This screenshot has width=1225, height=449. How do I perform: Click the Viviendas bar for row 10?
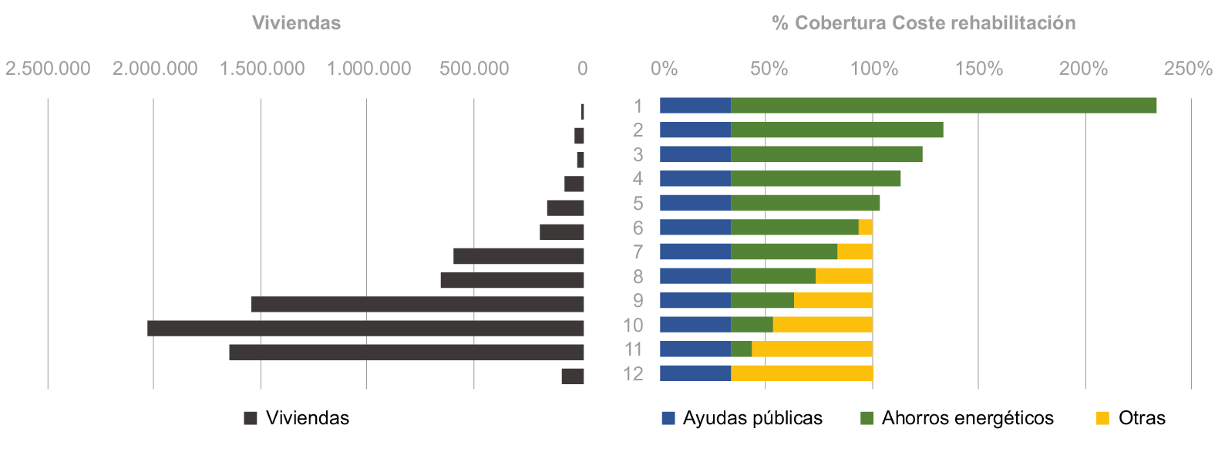pyautogui.click(x=365, y=329)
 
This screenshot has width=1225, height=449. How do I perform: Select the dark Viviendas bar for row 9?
pyautogui.click(x=417, y=304)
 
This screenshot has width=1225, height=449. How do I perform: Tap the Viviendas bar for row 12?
pyautogui.click(x=573, y=376)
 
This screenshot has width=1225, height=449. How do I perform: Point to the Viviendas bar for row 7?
pyautogui.click(x=518, y=256)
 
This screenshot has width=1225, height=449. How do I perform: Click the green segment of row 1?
pyautogui.click(x=944, y=106)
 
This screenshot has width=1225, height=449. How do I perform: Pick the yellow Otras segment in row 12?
pyautogui.click(x=802, y=373)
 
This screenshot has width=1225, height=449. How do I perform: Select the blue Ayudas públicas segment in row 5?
pyautogui.click(x=695, y=203)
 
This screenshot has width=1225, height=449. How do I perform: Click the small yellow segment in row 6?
pyautogui.click(x=866, y=228)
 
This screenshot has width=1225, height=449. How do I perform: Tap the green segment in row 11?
pyautogui.click(x=741, y=349)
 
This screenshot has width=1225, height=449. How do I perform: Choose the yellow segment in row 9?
pyautogui.click(x=833, y=301)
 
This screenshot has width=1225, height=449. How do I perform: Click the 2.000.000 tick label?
pyautogui.click(x=155, y=69)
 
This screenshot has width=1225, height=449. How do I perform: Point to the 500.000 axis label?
pyautogui.click(x=474, y=69)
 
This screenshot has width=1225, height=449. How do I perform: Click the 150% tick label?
pyautogui.click(x=978, y=69)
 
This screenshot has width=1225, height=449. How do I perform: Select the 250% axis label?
pyautogui.click(x=1188, y=69)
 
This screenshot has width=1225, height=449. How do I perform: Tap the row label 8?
pyautogui.click(x=638, y=276)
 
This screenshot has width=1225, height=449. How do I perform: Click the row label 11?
pyautogui.click(x=633, y=349)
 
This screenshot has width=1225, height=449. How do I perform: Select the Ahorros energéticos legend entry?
pyautogui.click(x=957, y=418)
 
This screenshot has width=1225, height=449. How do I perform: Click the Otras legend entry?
pyautogui.click(x=1131, y=418)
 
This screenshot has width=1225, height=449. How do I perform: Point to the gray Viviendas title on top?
pyautogui.click(x=296, y=23)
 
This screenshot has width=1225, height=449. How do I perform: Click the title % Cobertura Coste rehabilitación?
pyautogui.click(x=924, y=23)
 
